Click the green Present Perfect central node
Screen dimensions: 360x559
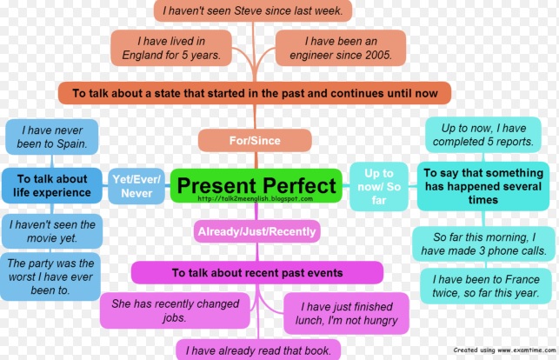click(256, 185)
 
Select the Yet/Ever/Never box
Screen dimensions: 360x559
click(136, 184)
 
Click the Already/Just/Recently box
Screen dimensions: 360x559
click(256, 230)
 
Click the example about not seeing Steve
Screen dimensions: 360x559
click(254, 10)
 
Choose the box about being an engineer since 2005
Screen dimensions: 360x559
click(341, 48)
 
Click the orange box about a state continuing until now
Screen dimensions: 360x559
click(254, 92)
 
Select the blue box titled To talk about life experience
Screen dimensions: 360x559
click(51, 184)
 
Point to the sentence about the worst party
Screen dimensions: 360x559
click(51, 277)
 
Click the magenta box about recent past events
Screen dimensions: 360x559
click(256, 273)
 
